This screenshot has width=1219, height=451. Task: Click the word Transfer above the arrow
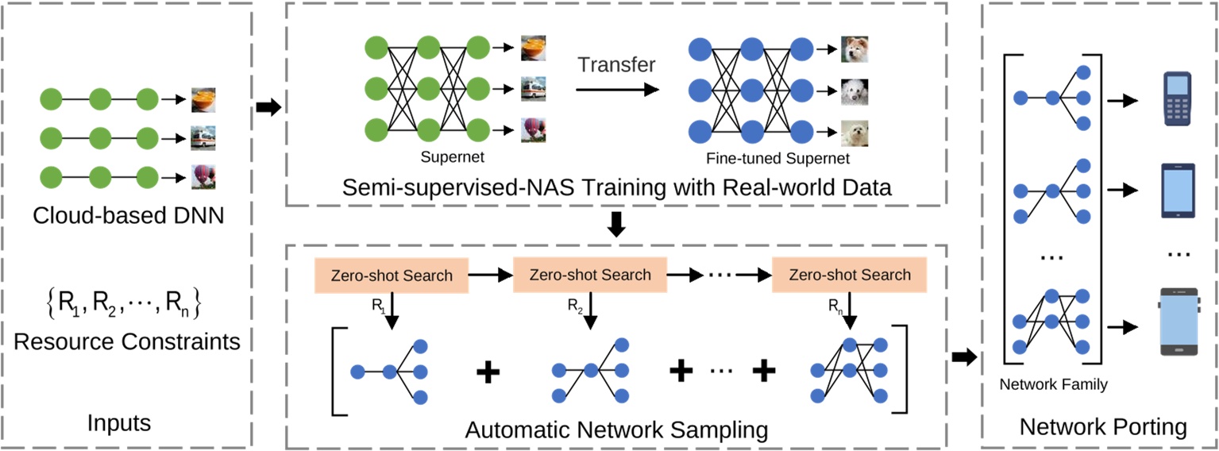pos(616,64)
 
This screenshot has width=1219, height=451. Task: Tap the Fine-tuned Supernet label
pos(777,159)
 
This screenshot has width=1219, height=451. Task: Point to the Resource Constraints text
pos(127,341)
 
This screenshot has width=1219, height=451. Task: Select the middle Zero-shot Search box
pos(591,275)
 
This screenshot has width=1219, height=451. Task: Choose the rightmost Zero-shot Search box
pos(851,275)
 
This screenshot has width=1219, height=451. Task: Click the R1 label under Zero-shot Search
pos(378,303)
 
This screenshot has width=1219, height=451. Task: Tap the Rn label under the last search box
pos(835,303)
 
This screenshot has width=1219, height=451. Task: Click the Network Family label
pos(1053,385)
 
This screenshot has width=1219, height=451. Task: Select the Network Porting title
pos(1103,427)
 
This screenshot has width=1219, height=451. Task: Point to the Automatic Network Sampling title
pos(616,430)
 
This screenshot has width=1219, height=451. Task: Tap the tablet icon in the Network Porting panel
pos(1178,191)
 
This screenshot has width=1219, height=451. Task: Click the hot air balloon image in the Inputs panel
pos(203,175)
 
